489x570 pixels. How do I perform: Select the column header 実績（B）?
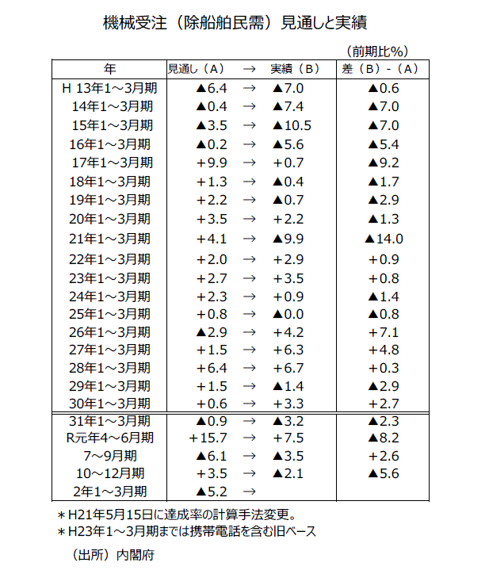point(294,68)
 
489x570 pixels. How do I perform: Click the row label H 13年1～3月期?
point(108,88)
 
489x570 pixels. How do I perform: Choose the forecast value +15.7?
point(208,438)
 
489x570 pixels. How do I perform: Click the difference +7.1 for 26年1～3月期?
point(384,331)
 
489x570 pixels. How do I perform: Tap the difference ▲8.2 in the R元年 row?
point(384,438)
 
